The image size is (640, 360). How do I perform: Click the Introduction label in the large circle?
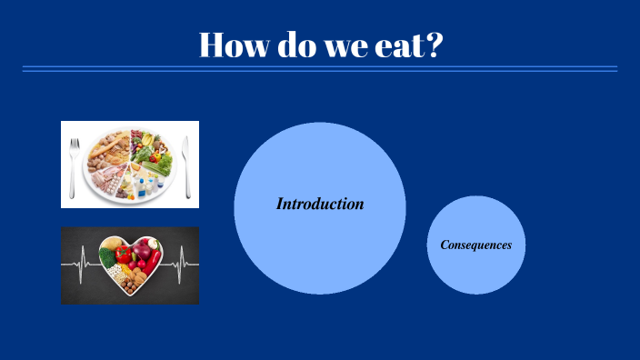pos(320,205)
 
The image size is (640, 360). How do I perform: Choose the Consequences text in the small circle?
pos(476,245)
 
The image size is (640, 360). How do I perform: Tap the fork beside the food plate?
pos(75,164)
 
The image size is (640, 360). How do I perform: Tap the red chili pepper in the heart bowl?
pos(154,263)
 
